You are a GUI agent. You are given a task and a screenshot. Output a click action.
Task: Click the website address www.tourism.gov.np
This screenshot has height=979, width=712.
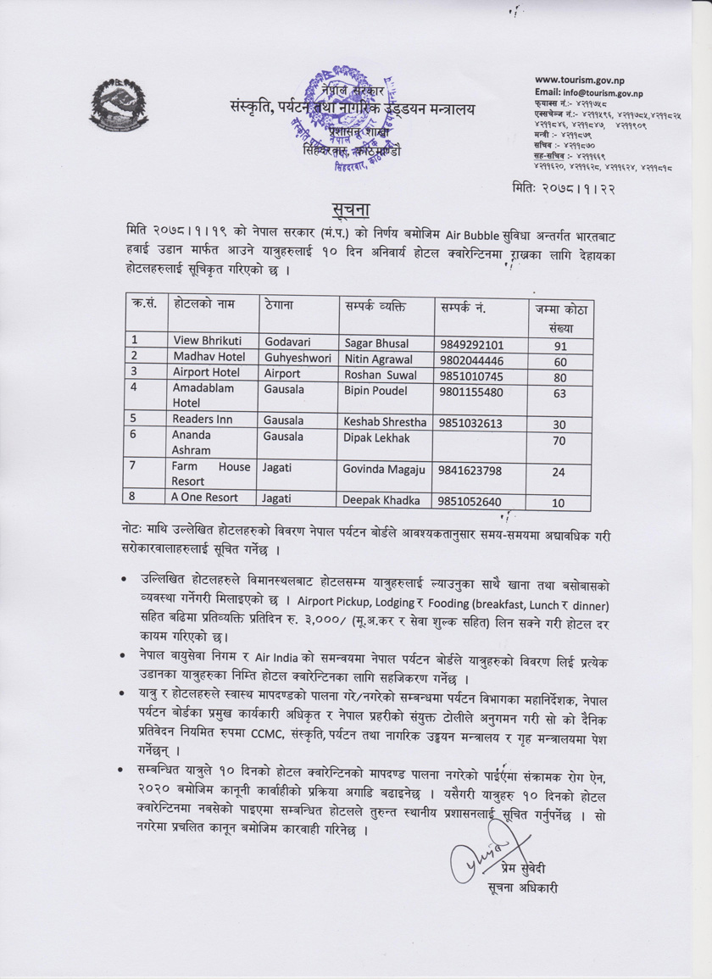pos(581,79)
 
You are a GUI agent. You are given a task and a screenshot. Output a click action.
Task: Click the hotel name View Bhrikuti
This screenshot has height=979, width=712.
pos(208,341)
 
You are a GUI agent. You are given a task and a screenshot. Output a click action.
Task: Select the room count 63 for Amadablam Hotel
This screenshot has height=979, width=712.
pos(559,393)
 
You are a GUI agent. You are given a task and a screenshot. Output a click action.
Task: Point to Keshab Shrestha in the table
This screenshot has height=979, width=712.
pos(384,421)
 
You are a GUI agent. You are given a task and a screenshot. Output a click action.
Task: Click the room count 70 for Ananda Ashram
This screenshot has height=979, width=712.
pos(559,441)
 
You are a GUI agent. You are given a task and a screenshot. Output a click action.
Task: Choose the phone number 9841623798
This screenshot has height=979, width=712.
pos(471,470)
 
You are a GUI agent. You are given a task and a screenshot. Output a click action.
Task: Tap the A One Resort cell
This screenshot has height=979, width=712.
pos(204,498)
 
